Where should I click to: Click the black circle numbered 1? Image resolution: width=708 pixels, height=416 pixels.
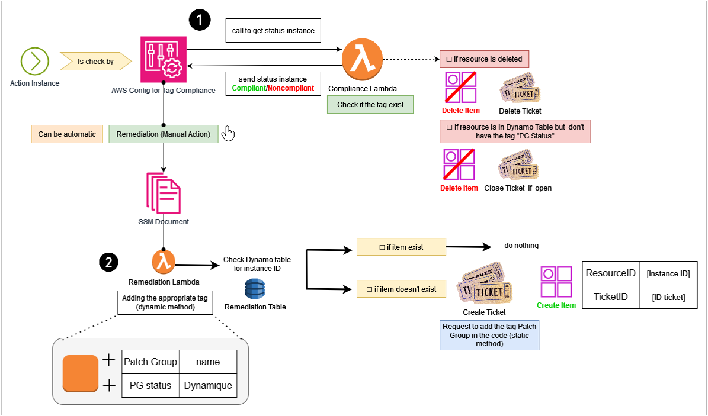pyautogui.click(x=200, y=21)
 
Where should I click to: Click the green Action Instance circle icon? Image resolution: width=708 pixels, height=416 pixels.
pyautogui.click(x=34, y=60)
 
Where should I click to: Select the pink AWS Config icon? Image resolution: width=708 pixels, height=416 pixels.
pyautogui.click(x=164, y=59)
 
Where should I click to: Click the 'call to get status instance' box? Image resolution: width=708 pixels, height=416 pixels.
pyautogui.click(x=273, y=31)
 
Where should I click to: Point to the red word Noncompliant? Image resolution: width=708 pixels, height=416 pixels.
pyautogui.click(x=291, y=88)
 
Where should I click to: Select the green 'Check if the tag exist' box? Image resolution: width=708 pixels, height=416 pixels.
pyautogui.click(x=370, y=104)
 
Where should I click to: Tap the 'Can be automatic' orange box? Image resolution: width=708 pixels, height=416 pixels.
pyautogui.click(x=67, y=134)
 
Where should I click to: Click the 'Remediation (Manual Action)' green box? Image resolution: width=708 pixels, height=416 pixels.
pyautogui.click(x=164, y=134)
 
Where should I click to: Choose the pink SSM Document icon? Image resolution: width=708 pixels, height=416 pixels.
pyautogui.click(x=164, y=192)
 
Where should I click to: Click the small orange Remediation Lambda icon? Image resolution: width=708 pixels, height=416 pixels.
pyautogui.click(x=164, y=261)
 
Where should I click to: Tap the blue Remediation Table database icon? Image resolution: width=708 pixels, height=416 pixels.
pyautogui.click(x=255, y=289)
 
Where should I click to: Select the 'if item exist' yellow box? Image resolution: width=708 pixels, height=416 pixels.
pyautogui.click(x=401, y=247)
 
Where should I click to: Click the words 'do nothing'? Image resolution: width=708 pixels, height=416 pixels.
pyautogui.click(x=521, y=246)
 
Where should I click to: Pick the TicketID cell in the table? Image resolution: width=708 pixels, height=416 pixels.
pyautogui.click(x=611, y=296)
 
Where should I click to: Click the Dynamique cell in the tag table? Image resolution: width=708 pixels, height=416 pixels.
pyautogui.click(x=207, y=386)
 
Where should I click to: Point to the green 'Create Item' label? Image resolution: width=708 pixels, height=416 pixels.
pyautogui.click(x=556, y=305)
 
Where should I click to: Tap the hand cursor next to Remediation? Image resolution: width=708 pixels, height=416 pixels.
pyautogui.click(x=228, y=134)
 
